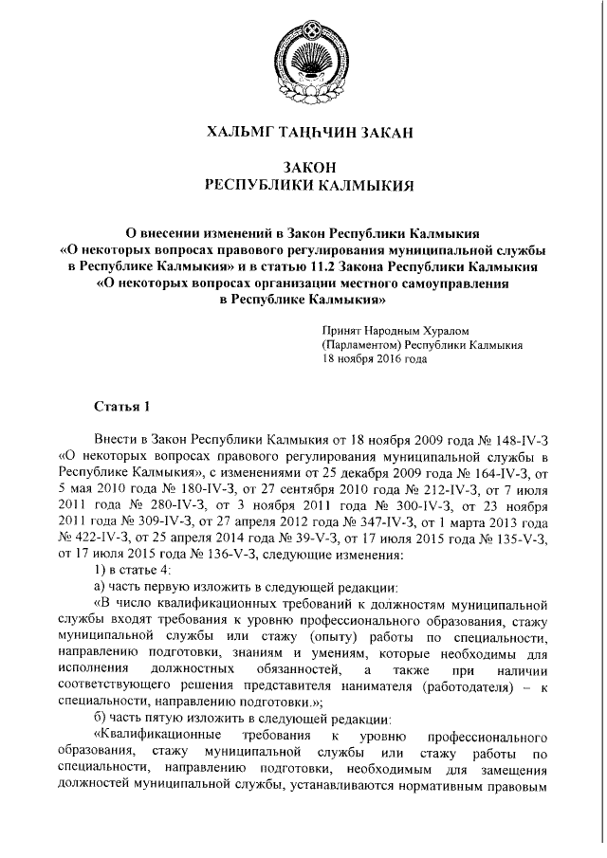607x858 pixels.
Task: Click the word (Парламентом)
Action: pos(361,345)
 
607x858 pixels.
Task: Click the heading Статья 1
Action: pos(121,408)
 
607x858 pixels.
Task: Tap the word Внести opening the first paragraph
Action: pos(118,441)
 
